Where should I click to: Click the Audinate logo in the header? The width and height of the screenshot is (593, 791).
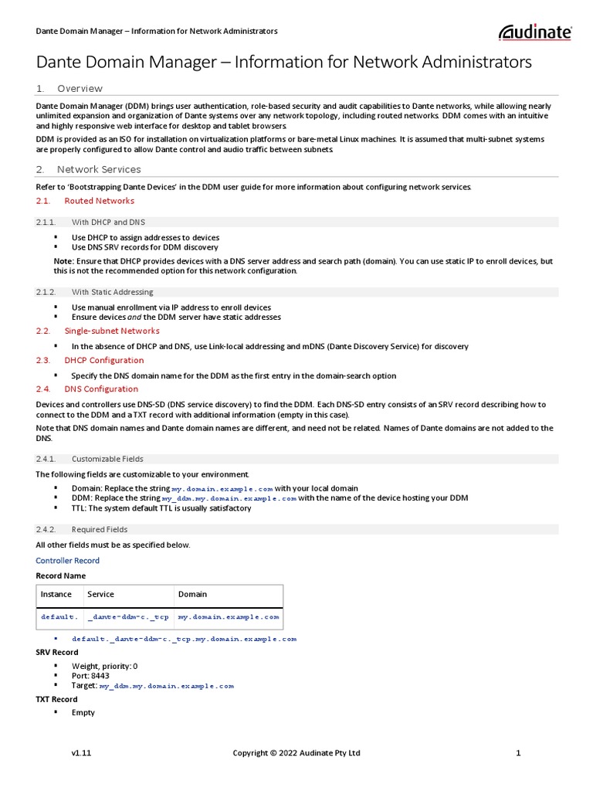(535, 32)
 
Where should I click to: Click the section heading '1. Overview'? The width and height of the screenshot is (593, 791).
(80, 88)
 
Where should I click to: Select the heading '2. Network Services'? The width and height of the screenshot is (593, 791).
(99, 169)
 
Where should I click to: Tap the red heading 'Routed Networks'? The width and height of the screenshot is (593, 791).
(99, 201)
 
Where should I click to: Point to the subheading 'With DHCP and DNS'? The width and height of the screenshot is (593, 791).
(108, 222)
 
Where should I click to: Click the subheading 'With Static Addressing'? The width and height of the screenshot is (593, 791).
(112, 292)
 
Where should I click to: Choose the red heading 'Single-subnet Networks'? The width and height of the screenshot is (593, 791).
(111, 331)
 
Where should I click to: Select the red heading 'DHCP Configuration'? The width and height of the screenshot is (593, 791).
(103, 360)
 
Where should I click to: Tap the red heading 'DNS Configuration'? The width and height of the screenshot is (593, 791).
(101, 389)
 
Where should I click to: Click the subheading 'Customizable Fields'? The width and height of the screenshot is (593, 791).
(107, 459)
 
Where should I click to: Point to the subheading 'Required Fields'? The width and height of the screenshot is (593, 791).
(100, 529)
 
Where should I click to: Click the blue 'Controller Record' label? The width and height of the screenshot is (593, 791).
(68, 561)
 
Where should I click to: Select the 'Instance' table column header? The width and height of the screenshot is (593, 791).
(56, 594)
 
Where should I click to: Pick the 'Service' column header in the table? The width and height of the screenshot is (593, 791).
(101, 594)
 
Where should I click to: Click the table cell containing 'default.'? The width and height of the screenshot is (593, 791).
(59, 617)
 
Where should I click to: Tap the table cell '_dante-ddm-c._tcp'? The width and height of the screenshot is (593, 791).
(128, 617)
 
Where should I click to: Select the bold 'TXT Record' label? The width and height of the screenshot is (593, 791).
(56, 699)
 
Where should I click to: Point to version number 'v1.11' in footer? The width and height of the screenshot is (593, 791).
(82, 753)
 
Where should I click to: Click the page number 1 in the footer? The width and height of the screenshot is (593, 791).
(519, 753)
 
